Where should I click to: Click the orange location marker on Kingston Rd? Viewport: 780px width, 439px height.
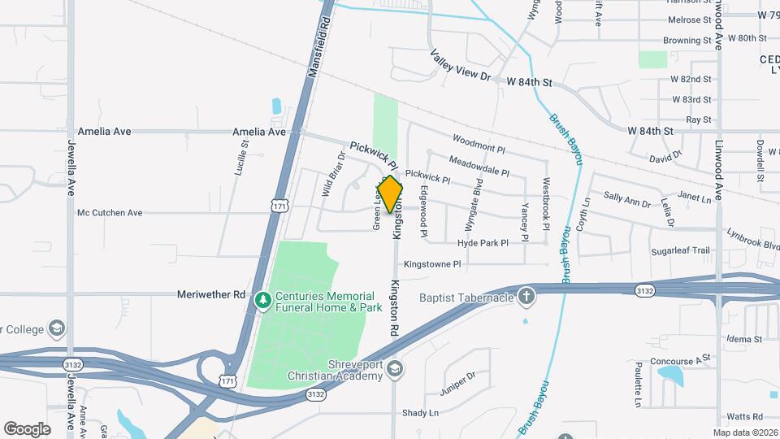click(x=391, y=194)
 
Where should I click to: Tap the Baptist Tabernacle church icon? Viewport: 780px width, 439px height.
click(x=526, y=297)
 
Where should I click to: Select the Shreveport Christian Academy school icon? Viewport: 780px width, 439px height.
click(x=394, y=370)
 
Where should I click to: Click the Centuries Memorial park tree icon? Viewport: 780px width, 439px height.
click(x=262, y=302)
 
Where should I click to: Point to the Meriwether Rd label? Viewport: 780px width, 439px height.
click(x=210, y=294)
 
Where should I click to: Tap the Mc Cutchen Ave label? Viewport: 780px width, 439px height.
click(x=110, y=213)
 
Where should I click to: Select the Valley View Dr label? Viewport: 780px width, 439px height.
click(x=461, y=65)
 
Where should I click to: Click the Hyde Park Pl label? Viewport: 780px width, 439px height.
click(x=483, y=243)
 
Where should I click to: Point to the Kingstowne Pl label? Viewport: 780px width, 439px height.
click(x=432, y=264)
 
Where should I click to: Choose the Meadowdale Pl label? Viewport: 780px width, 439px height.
click(x=479, y=167)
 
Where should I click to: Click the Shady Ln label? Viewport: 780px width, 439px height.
click(x=421, y=413)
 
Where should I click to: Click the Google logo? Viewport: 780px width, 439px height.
click(x=27, y=428)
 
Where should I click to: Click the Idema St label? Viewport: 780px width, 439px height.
click(x=745, y=339)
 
